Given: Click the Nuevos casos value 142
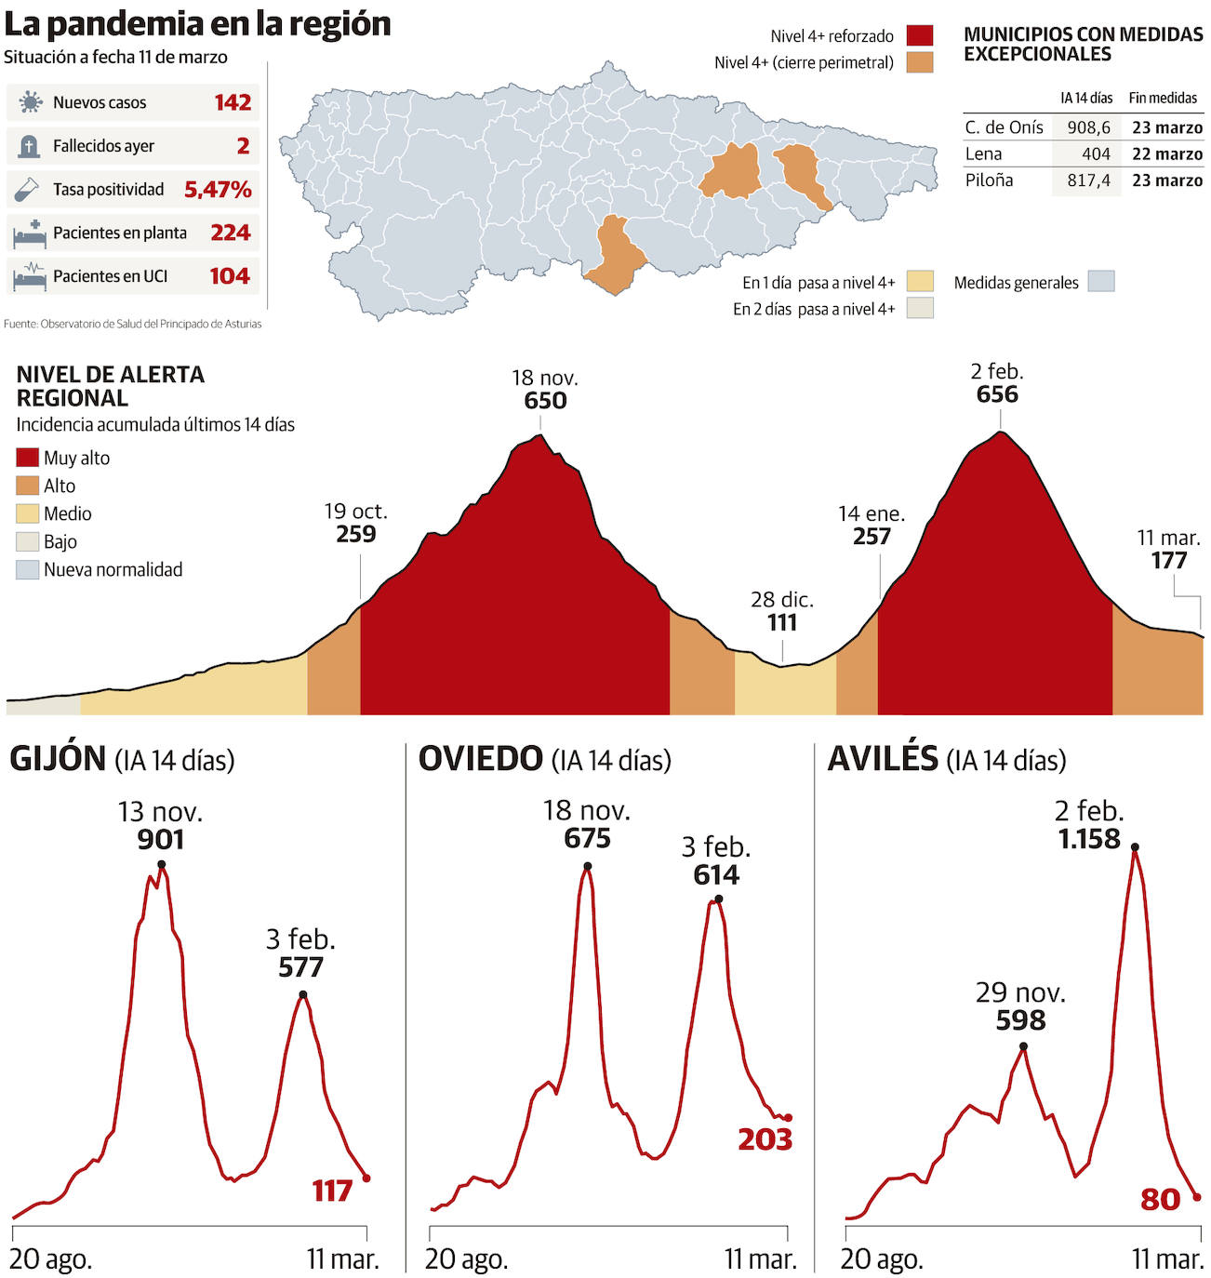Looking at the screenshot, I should (233, 102).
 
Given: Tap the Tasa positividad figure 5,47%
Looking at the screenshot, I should (218, 190).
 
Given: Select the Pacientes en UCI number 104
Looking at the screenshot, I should (230, 276).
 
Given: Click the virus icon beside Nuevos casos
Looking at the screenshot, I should (31, 102).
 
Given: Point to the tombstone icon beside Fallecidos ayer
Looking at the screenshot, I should (29, 146).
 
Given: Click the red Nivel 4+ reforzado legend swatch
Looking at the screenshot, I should (919, 36).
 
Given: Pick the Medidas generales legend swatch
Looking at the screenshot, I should (1101, 282).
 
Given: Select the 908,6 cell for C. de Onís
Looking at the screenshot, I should (1088, 127).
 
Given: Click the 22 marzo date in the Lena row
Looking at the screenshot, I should (1166, 154).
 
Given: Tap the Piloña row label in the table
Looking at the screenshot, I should (989, 180).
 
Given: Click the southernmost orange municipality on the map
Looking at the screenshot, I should (617, 254).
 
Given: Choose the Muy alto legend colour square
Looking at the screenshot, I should (28, 458).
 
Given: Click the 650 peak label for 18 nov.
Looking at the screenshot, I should (545, 401).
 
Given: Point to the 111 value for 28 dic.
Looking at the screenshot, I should (782, 622).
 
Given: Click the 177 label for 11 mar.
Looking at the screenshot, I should (1169, 560).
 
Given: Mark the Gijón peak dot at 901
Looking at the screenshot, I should (162, 865).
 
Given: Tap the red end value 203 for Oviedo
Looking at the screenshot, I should (765, 1139).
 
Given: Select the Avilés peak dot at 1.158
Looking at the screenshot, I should (1135, 847).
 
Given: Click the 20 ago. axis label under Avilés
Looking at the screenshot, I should (882, 1259).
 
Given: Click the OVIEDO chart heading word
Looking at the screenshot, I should (480, 759).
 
